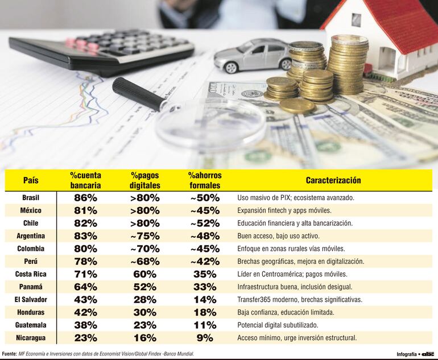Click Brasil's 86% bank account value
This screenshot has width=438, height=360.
click(86, 198)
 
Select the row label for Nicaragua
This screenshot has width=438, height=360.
click(31, 338)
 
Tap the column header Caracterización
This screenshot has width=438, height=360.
click(333, 180)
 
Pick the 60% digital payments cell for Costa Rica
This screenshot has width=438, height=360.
click(144, 274)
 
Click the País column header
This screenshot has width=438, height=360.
click(31, 180)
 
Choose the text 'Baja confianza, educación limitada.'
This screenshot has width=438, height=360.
click(286, 312)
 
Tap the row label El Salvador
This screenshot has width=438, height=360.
click(31, 299)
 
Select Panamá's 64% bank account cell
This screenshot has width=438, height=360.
click(86, 287)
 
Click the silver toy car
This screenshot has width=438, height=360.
click(253, 55)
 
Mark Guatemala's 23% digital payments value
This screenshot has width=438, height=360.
click(144, 325)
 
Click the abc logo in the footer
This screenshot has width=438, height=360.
click(428, 354)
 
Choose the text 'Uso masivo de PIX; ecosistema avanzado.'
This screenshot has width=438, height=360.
click(296, 198)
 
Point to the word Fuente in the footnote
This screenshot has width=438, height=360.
click(10, 354)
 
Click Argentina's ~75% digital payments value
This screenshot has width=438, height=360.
click(144, 235)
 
